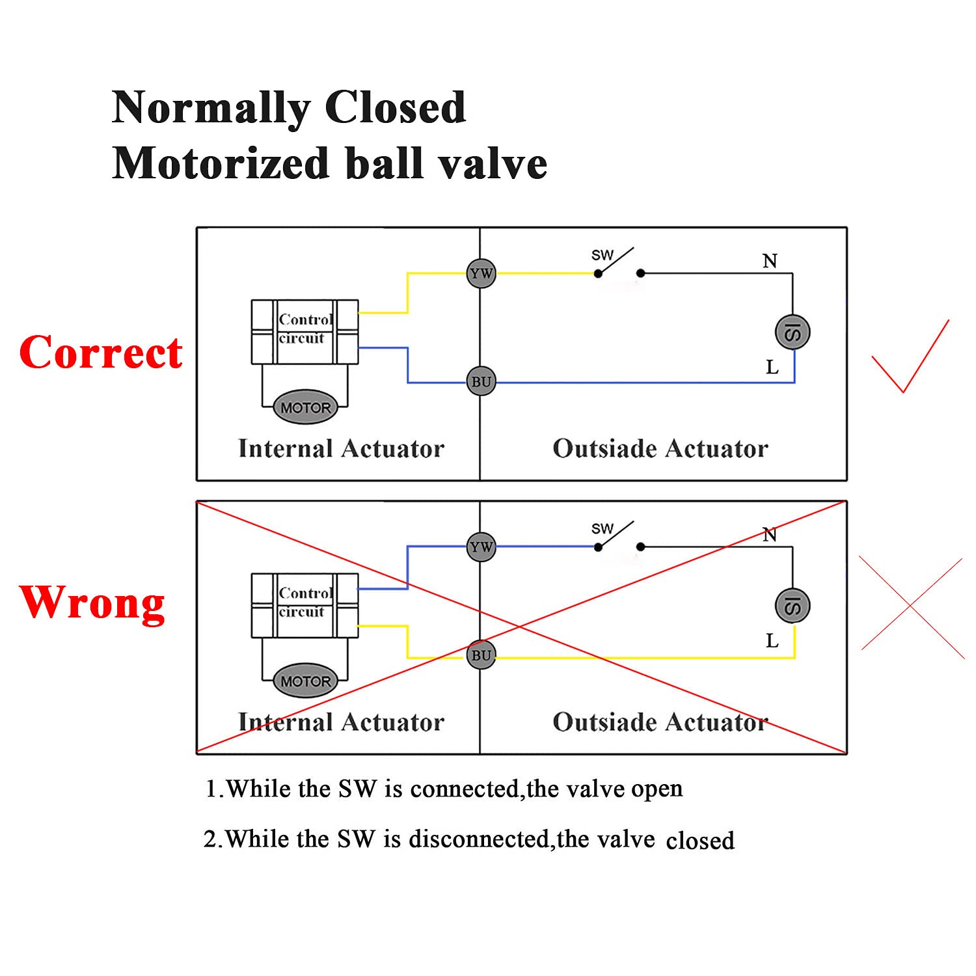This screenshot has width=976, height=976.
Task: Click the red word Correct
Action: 101,353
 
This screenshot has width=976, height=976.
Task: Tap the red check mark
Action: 910,357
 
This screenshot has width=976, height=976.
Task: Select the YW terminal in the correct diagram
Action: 481,273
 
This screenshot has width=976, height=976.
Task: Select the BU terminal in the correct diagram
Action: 481,381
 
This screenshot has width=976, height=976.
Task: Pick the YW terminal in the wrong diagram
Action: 481,547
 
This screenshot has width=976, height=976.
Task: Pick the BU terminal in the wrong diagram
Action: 481,655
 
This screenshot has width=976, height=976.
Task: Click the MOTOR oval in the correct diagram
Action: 306,408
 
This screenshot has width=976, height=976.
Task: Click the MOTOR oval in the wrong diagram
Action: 306,681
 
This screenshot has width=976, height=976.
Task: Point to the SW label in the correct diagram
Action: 602,255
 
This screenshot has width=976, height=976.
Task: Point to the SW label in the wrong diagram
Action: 602,529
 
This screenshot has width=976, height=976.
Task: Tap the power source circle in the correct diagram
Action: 793,332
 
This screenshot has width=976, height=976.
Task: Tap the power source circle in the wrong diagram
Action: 793,606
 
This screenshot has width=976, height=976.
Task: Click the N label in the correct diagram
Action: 770,262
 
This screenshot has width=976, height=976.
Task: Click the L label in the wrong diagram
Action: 772,642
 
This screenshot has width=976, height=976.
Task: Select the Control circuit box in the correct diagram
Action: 305,331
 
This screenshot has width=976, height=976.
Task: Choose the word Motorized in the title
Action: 220,163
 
